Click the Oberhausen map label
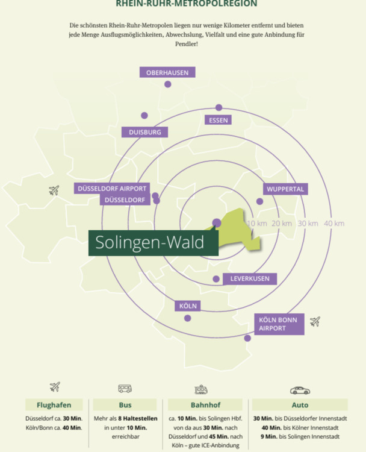167,72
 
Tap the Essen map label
219,120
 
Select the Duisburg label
144,132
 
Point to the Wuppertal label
285,189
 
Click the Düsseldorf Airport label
112,188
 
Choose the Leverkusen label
250,278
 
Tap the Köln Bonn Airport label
278,324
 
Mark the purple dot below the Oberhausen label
168,84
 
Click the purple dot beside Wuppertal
260,201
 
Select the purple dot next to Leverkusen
216,279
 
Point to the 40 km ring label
334,224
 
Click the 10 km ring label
257,224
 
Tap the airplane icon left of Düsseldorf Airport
54,190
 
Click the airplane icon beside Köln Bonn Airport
315,321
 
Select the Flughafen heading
54,405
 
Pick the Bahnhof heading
205,405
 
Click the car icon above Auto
300,390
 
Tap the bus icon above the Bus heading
125,389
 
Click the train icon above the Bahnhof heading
201,389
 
